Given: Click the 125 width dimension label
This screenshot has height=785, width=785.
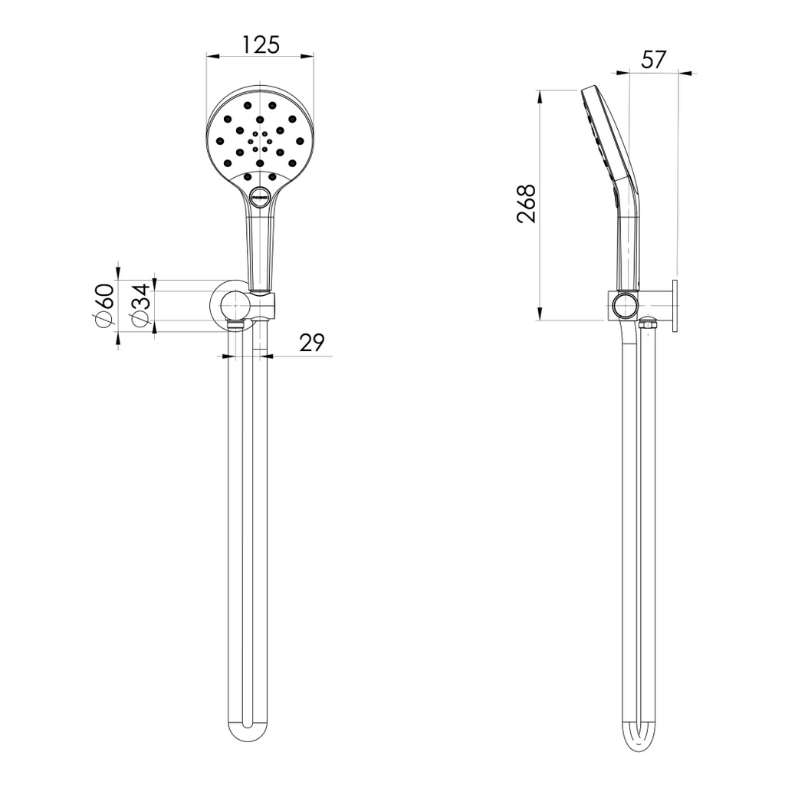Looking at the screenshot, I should click(x=261, y=44).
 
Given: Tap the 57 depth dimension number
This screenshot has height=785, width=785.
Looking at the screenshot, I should click(x=653, y=61).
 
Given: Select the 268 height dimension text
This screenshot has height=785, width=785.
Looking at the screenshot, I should click(x=526, y=203).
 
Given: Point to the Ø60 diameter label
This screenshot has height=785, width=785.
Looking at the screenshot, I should click(x=104, y=305).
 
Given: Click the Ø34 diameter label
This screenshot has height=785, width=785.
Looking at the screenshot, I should click(x=140, y=305).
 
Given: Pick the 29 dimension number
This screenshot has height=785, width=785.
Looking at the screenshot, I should click(x=311, y=343).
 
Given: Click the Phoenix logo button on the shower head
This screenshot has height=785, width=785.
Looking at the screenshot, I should click(x=260, y=195).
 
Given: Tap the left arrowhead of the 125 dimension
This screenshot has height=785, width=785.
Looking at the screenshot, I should click(x=212, y=56).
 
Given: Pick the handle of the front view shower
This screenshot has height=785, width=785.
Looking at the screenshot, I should click(x=259, y=245).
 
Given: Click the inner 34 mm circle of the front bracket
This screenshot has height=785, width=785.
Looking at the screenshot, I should click(x=229, y=305).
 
